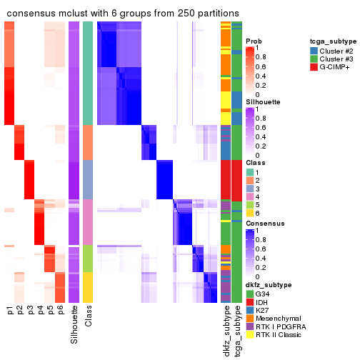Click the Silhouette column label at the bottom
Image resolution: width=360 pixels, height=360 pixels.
pos(74,325)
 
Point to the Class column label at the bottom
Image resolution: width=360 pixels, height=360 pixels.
pos(88,319)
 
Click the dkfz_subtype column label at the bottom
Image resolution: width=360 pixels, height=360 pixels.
pos(226,331)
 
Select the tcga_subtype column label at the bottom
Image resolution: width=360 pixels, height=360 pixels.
pos(236,331)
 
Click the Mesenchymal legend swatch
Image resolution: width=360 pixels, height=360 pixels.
pos(250,318)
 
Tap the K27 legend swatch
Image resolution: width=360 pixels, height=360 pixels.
pos(250,309)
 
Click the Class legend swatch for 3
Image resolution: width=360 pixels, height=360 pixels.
pos(250,189)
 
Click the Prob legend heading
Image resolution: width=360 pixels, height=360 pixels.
pos(254,41)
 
